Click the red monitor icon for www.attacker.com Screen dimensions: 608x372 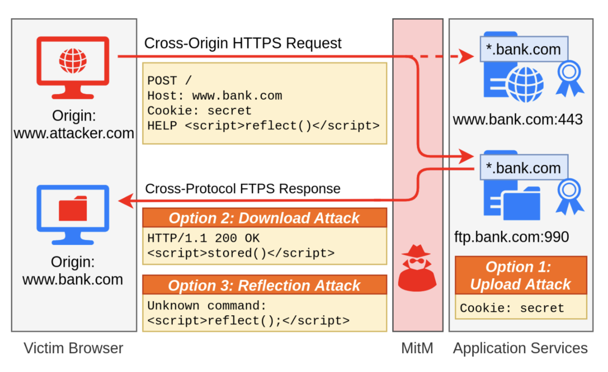click(x=73, y=68)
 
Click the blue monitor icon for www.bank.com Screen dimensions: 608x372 click(x=73, y=215)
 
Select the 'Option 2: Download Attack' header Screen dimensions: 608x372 click(x=264, y=218)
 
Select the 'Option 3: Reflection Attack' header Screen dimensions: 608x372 click(x=264, y=285)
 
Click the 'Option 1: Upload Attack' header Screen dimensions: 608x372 click(x=521, y=275)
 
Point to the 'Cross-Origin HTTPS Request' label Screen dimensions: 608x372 click(x=243, y=43)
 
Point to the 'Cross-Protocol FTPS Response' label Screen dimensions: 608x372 click(x=243, y=189)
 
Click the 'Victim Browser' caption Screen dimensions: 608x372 click(x=73, y=348)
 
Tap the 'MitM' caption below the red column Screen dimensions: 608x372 click(x=417, y=348)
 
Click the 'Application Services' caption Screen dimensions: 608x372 click(x=520, y=348)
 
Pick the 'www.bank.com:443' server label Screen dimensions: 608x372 click(x=518, y=119)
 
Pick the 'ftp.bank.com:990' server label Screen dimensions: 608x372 click(x=512, y=237)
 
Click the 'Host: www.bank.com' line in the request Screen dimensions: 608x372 click(x=215, y=96)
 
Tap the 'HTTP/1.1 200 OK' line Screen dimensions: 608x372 click(x=203, y=238)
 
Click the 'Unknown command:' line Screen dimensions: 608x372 click(x=207, y=306)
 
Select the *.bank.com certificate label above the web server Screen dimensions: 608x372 click(x=524, y=49)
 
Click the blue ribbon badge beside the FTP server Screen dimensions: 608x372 click(x=569, y=197)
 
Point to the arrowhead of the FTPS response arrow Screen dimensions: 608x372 click(x=126, y=201)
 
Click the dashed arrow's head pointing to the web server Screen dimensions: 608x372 click(x=466, y=56)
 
